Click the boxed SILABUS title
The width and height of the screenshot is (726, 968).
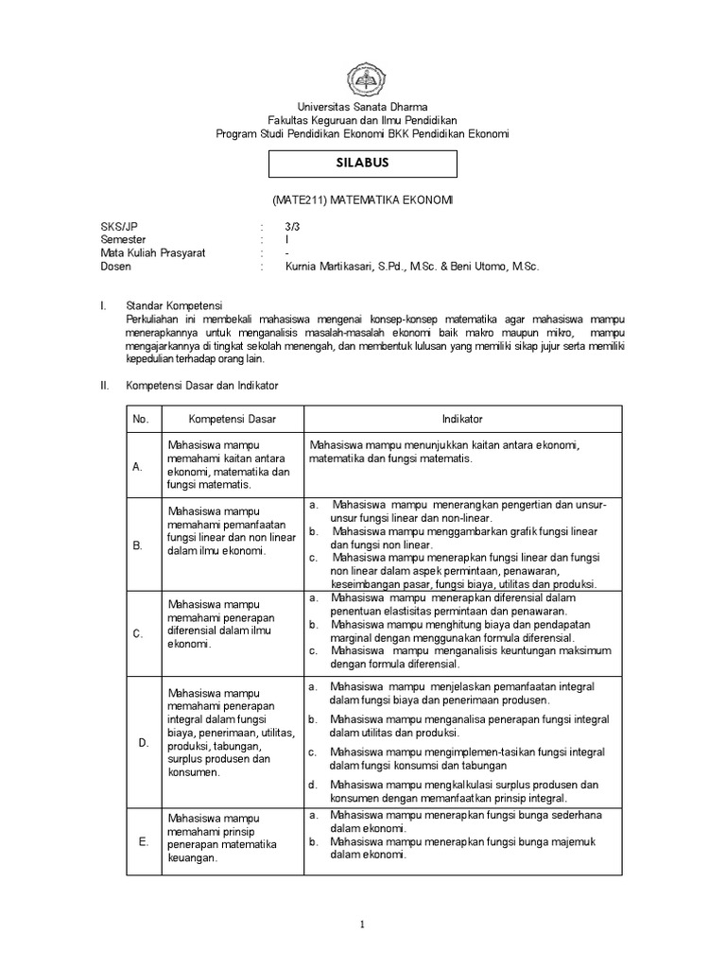[x=363, y=163]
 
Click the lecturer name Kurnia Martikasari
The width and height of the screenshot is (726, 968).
[x=326, y=267]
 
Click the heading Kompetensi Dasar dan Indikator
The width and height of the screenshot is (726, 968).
[x=202, y=386]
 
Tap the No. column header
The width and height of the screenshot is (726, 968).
[x=142, y=419]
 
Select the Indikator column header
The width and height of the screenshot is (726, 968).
[x=462, y=419]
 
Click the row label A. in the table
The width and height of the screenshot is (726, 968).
[x=138, y=467]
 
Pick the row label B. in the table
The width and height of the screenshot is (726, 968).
[x=138, y=544]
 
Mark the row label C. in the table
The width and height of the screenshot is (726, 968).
[x=138, y=633]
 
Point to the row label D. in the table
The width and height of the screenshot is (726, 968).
[x=144, y=742]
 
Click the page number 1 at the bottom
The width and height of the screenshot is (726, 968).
[x=362, y=925]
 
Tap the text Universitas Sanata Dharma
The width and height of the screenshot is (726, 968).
[x=363, y=108]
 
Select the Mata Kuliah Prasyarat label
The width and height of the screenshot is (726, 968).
[x=153, y=253]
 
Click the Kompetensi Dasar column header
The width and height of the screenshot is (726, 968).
[x=232, y=419]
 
